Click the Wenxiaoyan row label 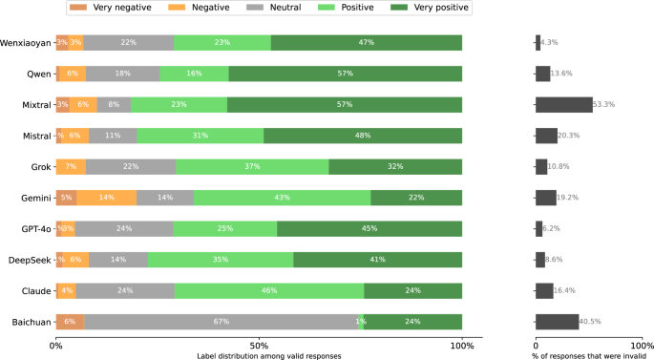click(x=26, y=43)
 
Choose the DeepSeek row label click(x=29, y=260)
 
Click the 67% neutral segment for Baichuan click(x=221, y=322)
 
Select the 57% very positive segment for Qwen click(x=346, y=74)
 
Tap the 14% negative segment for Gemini click(x=106, y=198)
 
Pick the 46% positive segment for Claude click(x=269, y=290)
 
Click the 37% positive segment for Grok click(x=252, y=167)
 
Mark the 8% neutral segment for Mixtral click(x=115, y=105)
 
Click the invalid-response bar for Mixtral click(x=564, y=105)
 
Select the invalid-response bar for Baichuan click(x=558, y=322)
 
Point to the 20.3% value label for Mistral click(x=569, y=136)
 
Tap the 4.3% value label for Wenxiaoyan click(x=549, y=43)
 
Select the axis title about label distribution click(x=259, y=355)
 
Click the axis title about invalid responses click(x=589, y=355)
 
